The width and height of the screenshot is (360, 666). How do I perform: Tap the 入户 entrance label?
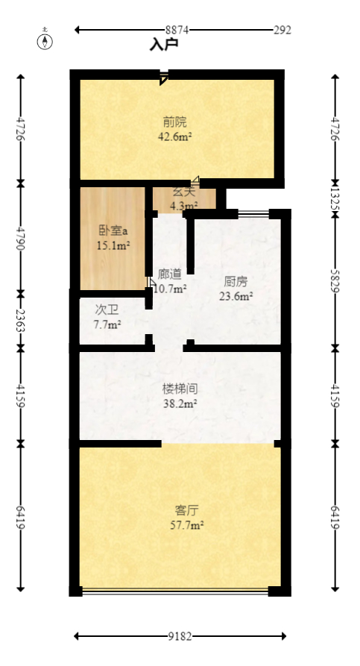point(164,45)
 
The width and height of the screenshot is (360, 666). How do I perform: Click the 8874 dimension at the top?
point(177,30)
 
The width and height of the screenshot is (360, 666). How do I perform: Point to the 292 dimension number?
point(282,30)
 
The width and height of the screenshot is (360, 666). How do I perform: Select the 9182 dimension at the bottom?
point(180,636)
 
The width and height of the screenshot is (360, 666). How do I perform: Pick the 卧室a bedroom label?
point(113,230)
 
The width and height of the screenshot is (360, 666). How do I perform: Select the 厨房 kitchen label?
point(236,282)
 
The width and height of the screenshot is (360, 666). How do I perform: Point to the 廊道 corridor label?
point(170,274)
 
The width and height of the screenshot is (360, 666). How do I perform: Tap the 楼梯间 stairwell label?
point(180,389)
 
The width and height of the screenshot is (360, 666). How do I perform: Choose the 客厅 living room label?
point(186,511)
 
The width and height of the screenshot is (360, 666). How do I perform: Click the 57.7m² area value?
point(186,525)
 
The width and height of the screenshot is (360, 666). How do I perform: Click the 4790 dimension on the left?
point(20,235)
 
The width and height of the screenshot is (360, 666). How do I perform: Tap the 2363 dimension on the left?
point(20,318)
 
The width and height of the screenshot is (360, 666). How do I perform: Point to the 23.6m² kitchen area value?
point(236,296)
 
